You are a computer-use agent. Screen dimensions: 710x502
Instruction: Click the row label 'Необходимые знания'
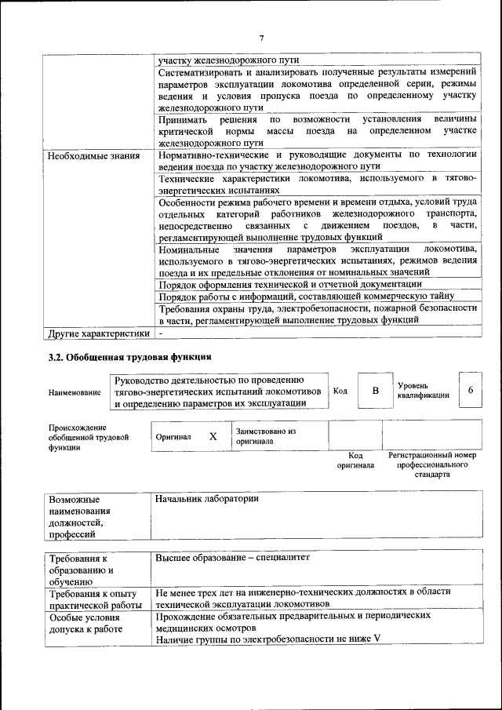coord(93,155)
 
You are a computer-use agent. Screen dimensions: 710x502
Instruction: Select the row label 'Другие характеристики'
coord(98,333)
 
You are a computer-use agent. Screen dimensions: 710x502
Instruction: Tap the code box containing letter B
coord(375,391)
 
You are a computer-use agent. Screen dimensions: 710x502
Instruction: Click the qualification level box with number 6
coord(470,390)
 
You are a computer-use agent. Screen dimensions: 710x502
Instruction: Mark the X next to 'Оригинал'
coord(213,436)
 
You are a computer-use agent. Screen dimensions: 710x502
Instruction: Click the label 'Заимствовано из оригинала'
coord(265,436)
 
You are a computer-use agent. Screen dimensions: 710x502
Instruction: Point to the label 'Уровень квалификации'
coord(423,390)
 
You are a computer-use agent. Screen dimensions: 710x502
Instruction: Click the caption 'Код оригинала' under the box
coord(355,461)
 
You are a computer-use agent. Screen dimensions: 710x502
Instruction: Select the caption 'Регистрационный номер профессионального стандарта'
coord(431,465)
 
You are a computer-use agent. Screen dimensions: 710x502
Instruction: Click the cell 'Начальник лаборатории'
coord(207,499)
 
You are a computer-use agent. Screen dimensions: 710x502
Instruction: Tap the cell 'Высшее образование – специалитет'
coord(233,558)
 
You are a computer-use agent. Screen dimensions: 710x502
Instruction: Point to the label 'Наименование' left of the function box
coord(75,391)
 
